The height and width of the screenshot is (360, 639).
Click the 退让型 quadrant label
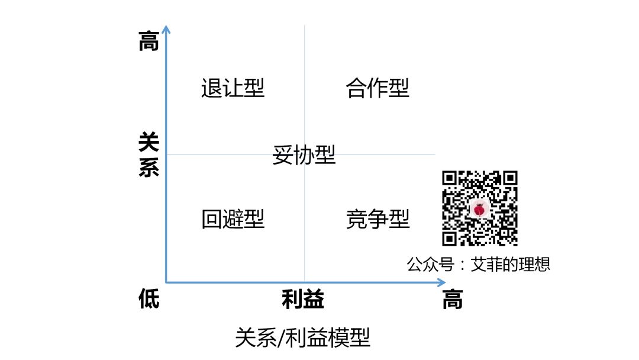233,88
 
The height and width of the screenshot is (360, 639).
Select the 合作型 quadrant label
377,88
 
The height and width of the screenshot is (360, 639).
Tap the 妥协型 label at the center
304,155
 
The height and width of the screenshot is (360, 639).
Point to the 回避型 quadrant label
233,219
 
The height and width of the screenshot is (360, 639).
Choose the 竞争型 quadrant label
377,219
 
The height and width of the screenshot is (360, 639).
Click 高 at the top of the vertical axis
149,41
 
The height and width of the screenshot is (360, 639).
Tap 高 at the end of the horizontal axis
453,299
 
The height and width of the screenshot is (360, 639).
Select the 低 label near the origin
149,298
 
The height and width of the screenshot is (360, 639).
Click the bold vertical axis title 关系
149,155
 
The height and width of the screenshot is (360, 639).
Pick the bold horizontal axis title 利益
303,299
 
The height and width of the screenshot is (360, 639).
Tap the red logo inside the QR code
480,209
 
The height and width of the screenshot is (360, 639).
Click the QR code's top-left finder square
449,178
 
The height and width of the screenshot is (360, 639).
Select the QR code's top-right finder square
510,178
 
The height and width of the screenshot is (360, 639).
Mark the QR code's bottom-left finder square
449,239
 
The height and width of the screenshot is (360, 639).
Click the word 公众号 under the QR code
430,265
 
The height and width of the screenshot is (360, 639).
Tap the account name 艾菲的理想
510,265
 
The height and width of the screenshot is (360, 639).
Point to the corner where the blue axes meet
166,282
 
